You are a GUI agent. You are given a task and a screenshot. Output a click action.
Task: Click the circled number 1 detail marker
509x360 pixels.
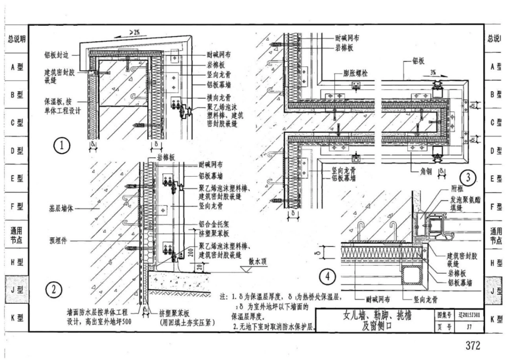click(x=63, y=145)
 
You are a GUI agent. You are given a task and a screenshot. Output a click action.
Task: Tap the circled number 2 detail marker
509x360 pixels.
click(x=54, y=290)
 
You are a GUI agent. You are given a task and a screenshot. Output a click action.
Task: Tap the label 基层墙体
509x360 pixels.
click(x=56, y=206)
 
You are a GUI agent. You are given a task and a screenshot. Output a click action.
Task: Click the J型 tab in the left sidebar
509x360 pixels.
click(x=16, y=290)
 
